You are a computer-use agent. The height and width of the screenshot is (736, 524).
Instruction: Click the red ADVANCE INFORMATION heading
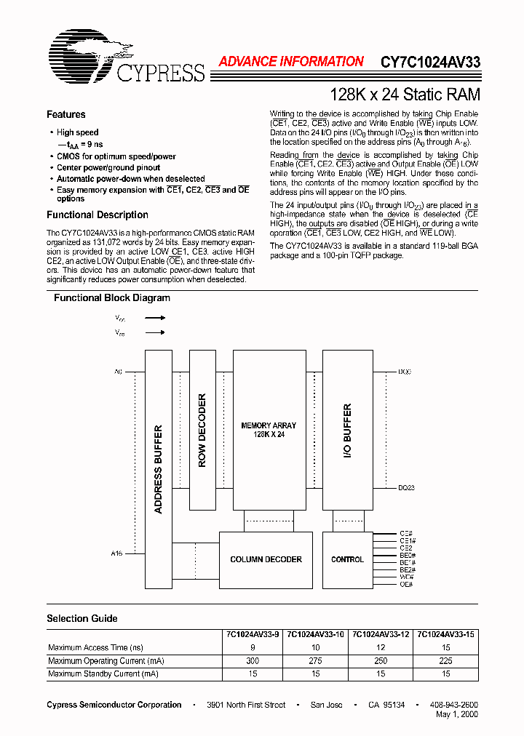291,63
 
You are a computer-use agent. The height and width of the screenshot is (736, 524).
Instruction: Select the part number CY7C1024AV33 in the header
430,63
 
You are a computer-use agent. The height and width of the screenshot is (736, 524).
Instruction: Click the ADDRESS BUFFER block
159,468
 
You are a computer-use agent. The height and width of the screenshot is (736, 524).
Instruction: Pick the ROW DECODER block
202,430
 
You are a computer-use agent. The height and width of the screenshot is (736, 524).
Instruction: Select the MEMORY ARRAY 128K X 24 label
269,429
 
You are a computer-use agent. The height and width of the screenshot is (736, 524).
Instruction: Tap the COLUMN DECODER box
266,559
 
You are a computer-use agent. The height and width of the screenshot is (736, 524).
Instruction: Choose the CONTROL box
347,559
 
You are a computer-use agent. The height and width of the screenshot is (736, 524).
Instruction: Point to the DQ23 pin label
406,488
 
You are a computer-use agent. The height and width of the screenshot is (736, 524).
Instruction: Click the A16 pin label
116,553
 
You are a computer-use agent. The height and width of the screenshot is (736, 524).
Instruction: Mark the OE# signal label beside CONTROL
406,584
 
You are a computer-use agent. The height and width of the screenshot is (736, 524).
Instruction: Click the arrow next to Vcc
154,318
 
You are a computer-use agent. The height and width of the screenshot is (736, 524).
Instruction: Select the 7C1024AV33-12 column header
381,634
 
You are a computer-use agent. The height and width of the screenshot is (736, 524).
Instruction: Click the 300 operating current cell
252,661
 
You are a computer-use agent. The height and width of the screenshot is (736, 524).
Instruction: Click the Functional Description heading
98,215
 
